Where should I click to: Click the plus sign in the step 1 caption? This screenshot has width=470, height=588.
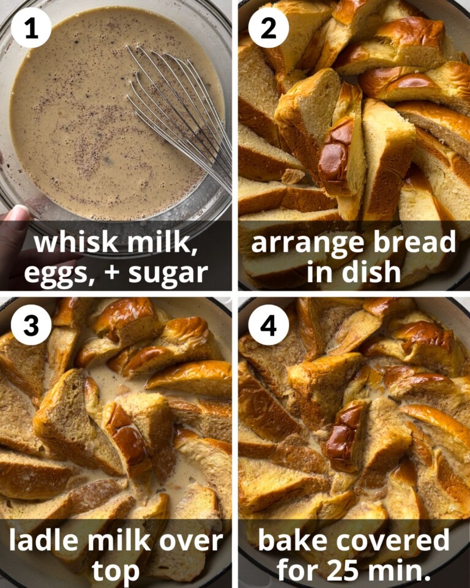point(113,271)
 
